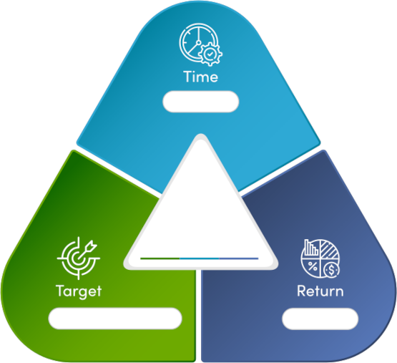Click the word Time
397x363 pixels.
[x=200, y=77]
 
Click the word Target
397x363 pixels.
[x=79, y=291]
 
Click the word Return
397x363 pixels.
[x=320, y=291]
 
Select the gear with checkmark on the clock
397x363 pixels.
[x=210, y=54]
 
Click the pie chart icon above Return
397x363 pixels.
[x=320, y=258]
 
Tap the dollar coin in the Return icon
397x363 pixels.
[x=331, y=270]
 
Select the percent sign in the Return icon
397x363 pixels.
[x=313, y=266]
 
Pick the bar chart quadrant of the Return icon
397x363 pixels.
[x=311, y=248]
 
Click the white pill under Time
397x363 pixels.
[x=201, y=102]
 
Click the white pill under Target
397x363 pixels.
[x=115, y=319]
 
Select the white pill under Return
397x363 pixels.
[x=320, y=319]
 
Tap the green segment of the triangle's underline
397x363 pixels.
[x=160, y=258]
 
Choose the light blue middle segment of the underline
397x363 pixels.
[x=200, y=258]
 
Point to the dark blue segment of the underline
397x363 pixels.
[x=238, y=258]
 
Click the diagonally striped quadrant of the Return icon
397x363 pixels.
[x=329, y=249]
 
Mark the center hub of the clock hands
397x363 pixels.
[x=199, y=42]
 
